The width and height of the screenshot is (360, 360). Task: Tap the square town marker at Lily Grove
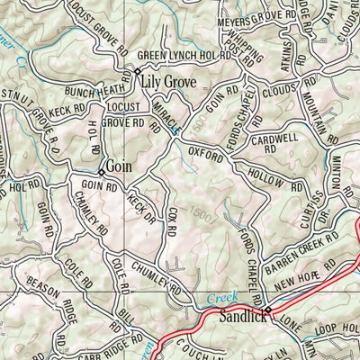(x=138, y=70)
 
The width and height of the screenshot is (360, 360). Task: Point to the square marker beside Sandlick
(x=266, y=310)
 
